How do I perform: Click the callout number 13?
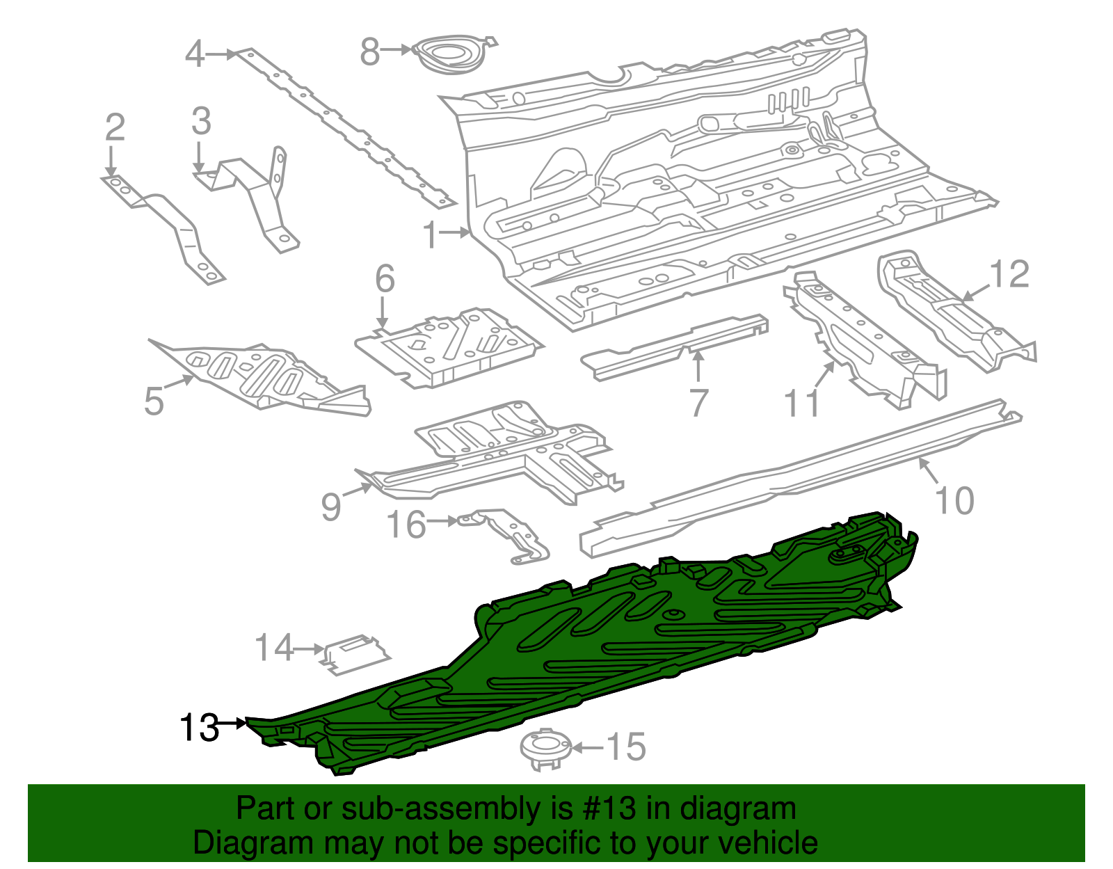pyautogui.click(x=199, y=728)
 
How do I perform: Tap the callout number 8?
pyautogui.click(x=370, y=51)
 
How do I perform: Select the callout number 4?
pyautogui.click(x=195, y=54)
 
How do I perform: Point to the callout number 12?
pyautogui.click(x=1009, y=275)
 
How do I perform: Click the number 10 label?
pyautogui.click(x=954, y=501)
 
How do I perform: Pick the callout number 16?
pyautogui.click(x=406, y=525)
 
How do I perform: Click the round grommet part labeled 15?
pyautogui.click(x=545, y=749)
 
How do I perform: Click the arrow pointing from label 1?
pyautogui.click(x=456, y=233)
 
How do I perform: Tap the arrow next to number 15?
pyautogui.click(x=588, y=748)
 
